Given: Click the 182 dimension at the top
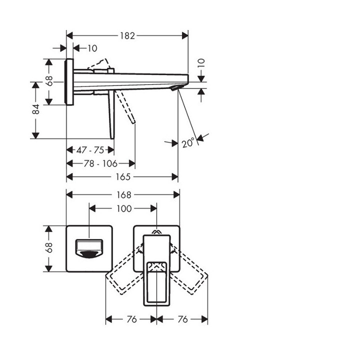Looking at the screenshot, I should (127, 35).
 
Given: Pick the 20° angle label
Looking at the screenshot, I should (188, 143).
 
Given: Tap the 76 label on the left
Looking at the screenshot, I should (131, 319).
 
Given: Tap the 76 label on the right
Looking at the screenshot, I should (182, 319).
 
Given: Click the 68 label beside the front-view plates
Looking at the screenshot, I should (49, 248).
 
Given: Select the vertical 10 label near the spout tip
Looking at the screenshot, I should (201, 63).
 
